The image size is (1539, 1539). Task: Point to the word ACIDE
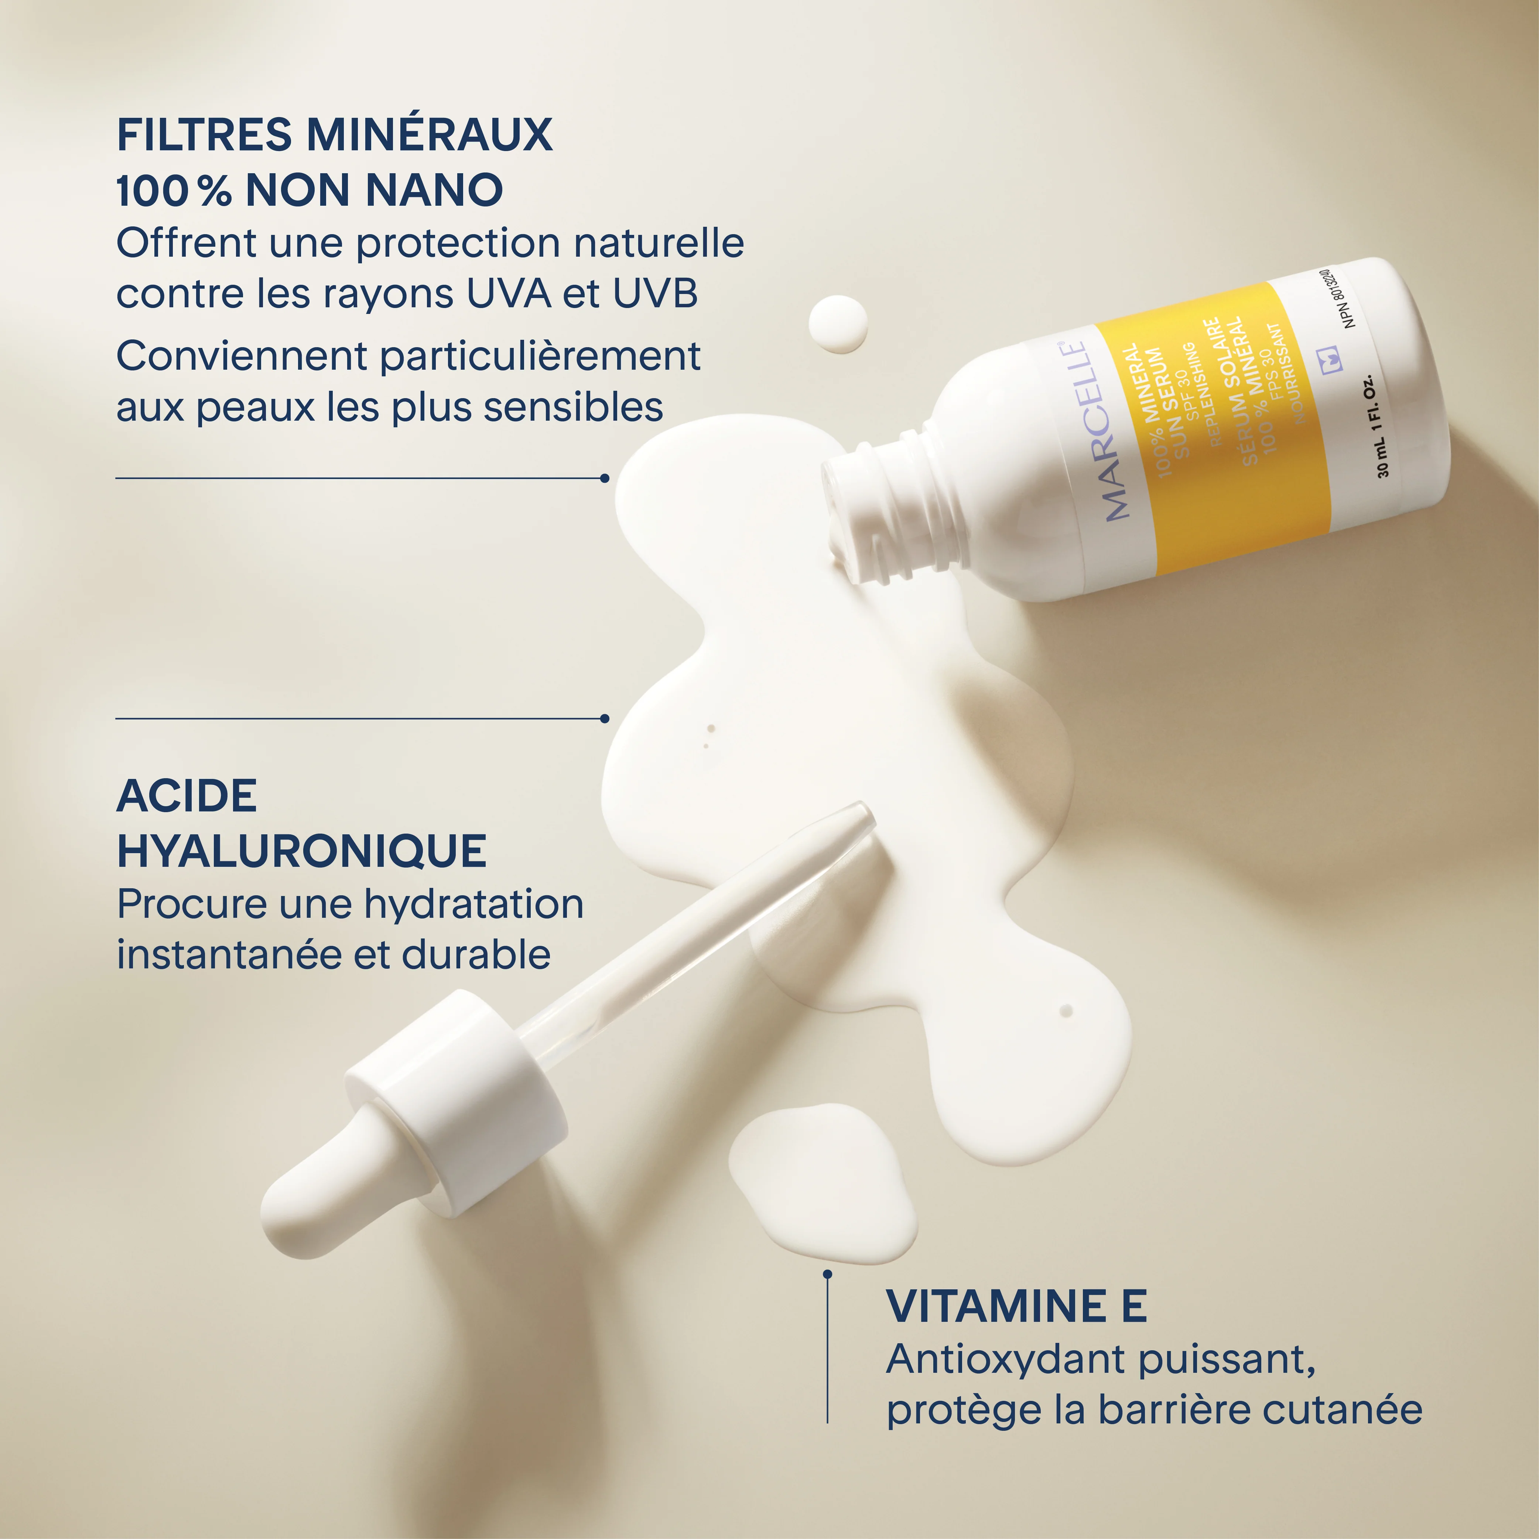(x=187, y=796)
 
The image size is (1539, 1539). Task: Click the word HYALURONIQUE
(x=302, y=851)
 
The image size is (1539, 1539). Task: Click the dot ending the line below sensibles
(x=605, y=478)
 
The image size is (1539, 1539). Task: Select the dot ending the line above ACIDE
(x=605, y=718)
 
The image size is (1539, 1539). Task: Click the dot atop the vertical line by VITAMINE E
(x=828, y=1275)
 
